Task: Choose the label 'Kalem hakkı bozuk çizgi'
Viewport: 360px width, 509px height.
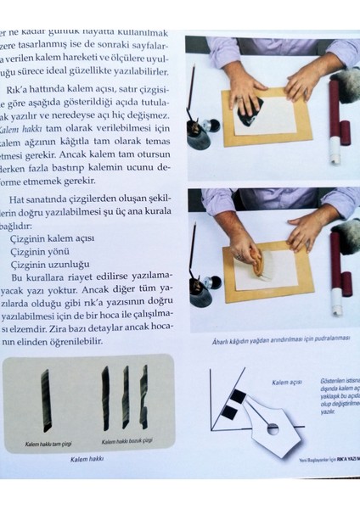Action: click(127, 441)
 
